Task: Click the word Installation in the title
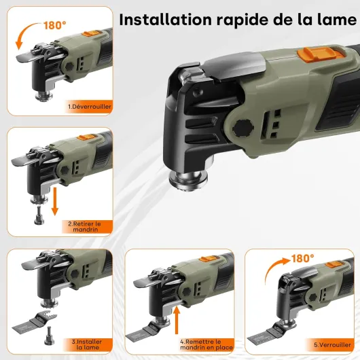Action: [x=165, y=20]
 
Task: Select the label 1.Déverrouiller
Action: [x=90, y=107]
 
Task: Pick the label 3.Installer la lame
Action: [x=87, y=344]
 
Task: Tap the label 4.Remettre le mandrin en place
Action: [x=206, y=344]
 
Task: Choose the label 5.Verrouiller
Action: [x=332, y=344]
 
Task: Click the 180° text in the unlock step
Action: [x=54, y=25]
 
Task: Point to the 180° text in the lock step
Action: [x=302, y=259]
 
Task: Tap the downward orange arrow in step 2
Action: [x=54, y=202]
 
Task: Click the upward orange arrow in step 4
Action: [x=177, y=320]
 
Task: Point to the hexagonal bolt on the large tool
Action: [x=243, y=128]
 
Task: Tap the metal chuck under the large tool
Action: [x=188, y=179]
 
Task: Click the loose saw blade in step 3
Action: [x=35, y=321]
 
